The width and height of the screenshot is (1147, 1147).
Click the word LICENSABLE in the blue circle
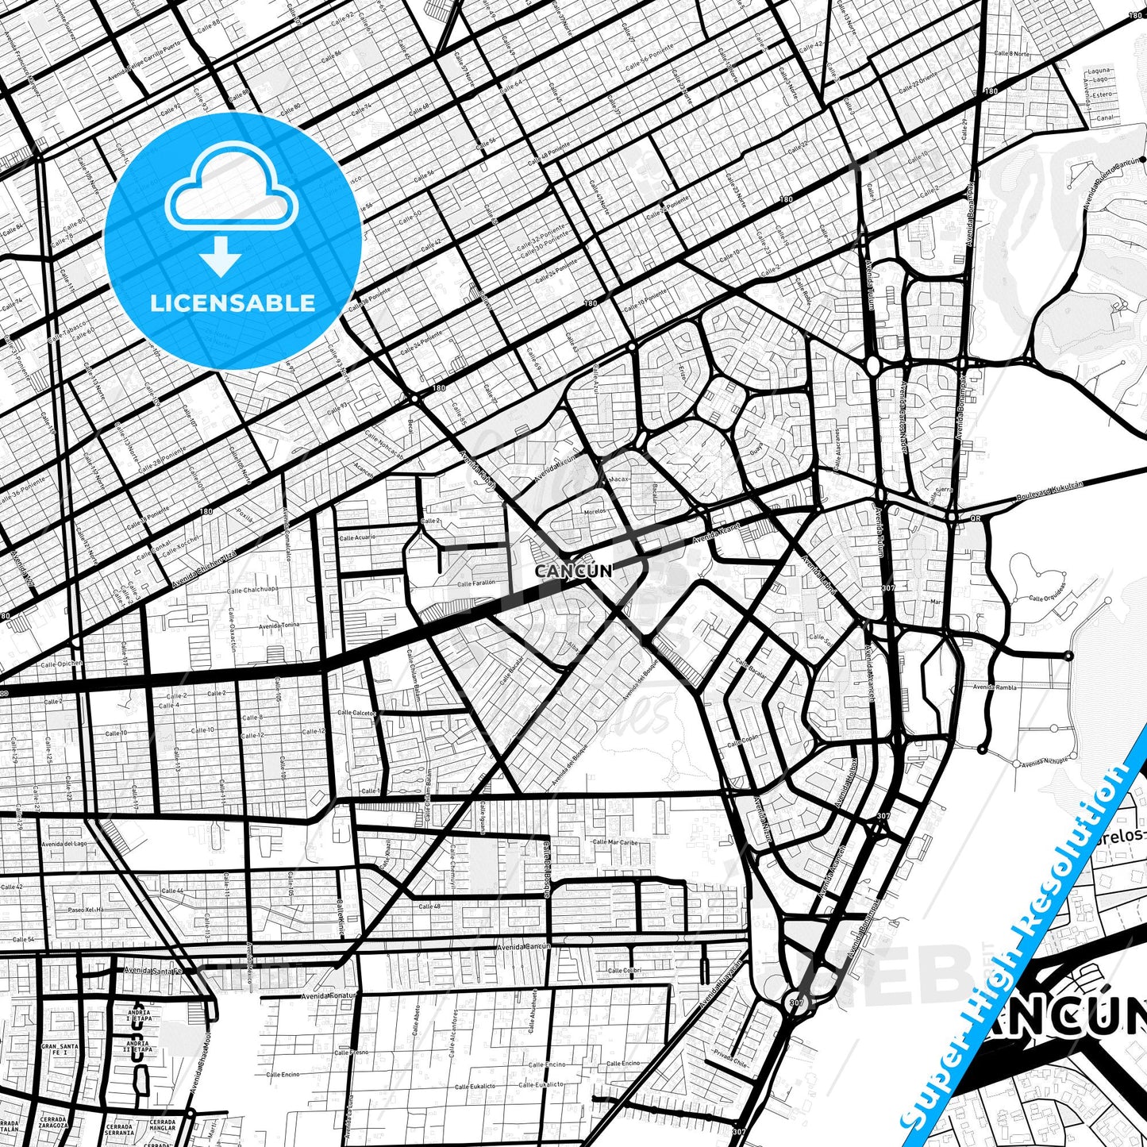(x=233, y=303)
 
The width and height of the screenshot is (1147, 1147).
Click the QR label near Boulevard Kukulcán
(x=976, y=518)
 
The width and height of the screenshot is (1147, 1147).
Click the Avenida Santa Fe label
(x=153, y=970)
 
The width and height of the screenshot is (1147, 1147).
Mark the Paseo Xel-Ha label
(x=87, y=910)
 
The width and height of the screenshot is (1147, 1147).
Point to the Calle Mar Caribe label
(x=616, y=842)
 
